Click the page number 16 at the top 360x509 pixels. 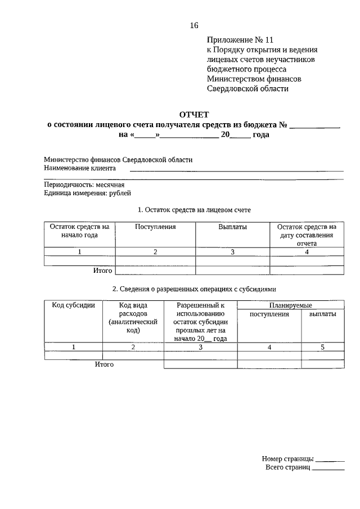click(194, 25)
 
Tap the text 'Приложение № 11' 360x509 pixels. click(240, 40)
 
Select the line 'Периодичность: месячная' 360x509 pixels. click(84, 184)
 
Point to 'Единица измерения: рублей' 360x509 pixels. click(87, 193)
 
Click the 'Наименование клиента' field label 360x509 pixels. click(80, 168)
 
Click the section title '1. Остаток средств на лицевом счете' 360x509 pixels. click(194, 210)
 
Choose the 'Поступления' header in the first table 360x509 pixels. click(155, 227)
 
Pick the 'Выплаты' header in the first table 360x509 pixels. click(232, 227)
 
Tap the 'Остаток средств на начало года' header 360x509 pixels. click(79, 231)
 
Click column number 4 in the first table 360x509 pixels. click(307, 253)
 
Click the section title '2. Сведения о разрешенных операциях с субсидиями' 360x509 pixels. click(194, 289)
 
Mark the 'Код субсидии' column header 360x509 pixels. click(73, 305)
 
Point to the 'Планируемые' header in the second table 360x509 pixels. click(291, 305)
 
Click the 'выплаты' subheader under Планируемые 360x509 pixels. click(323, 314)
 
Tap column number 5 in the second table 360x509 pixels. click(323, 348)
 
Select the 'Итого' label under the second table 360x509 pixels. click(104, 364)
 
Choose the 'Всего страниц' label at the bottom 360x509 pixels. click(287, 467)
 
